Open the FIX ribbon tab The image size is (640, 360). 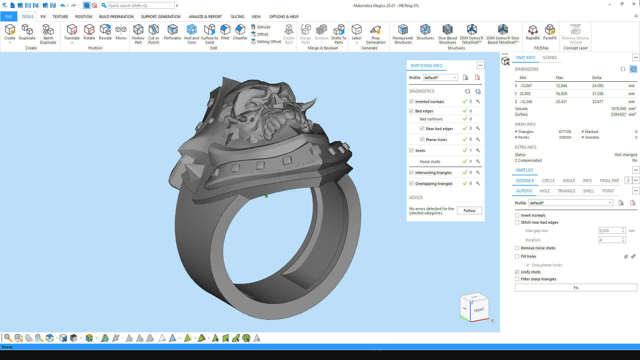click(43, 17)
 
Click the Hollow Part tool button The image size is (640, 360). click(138, 34)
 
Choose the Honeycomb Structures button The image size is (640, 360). click(403, 34)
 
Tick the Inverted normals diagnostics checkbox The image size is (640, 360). click(411, 102)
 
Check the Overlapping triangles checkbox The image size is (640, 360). click(411, 184)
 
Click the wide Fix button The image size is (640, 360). click(576, 288)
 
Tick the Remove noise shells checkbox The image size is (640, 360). click(517, 248)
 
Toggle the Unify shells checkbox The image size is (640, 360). click(517, 272)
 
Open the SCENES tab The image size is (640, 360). click(550, 58)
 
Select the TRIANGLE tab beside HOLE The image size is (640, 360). click(566, 191)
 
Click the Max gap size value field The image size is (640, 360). click(610, 231)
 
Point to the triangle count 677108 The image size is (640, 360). click(565, 132)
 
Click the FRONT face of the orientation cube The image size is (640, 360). click(479, 310)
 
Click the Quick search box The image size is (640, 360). click(141, 6)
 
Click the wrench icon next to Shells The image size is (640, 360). click(478, 151)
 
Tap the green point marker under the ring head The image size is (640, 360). click(266, 196)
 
